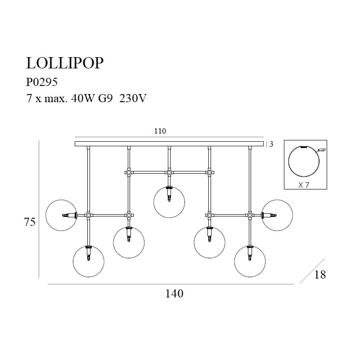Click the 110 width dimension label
click(x=160, y=131)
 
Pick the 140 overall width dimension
click(x=174, y=294)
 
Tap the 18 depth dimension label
click(x=320, y=274)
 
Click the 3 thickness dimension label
click(x=271, y=144)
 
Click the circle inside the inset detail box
click(x=304, y=162)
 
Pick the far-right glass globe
click(x=277, y=216)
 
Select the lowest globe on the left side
click(x=88, y=261)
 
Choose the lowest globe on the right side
click(x=250, y=261)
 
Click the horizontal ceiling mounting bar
click(x=169, y=144)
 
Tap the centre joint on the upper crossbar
click(x=169, y=172)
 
